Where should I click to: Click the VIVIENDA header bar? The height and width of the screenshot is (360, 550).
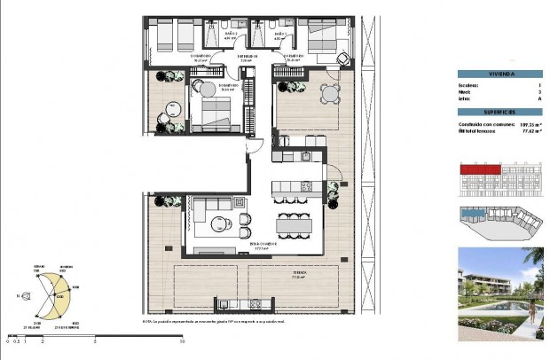(x=499, y=74)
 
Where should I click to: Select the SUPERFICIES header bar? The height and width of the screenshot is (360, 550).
(x=499, y=113)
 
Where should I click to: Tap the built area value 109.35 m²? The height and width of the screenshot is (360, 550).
(x=530, y=124)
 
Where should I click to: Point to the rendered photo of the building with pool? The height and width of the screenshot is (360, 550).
(x=499, y=293)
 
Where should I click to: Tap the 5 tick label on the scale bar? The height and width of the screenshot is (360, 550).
(x=95, y=340)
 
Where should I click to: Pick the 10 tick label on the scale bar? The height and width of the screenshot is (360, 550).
(x=182, y=340)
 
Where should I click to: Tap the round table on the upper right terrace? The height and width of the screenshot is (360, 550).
(x=330, y=93)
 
